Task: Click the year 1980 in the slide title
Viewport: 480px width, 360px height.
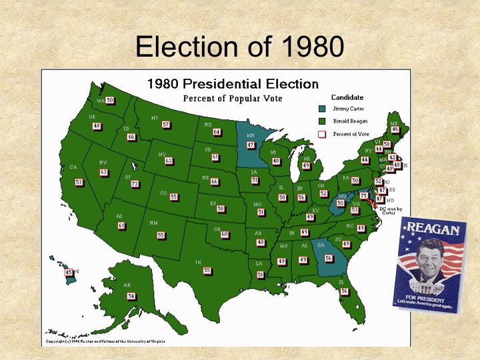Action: tap(313, 47)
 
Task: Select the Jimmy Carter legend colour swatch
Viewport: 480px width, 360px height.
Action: tap(321, 109)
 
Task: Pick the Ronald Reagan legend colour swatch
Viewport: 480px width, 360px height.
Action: tap(321, 121)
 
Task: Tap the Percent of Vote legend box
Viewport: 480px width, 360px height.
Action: tap(321, 134)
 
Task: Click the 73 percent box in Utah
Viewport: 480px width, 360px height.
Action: tap(135, 184)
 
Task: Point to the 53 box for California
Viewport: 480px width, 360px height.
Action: tap(79, 182)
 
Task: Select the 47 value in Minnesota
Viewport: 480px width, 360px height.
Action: tap(251, 145)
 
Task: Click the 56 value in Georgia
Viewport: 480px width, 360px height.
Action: tap(328, 258)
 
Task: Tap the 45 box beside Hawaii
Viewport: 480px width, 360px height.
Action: tap(68, 272)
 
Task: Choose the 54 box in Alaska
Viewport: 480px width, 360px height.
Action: tap(131, 295)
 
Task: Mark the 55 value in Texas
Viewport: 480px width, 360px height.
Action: tap(207, 270)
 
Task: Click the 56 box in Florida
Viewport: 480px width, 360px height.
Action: tap(344, 291)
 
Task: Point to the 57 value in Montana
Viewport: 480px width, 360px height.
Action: tap(166, 125)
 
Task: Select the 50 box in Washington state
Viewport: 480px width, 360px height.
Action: tap(110, 100)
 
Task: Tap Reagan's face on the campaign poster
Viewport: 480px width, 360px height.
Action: tap(429, 260)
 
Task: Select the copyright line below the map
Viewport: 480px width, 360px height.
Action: tap(105, 341)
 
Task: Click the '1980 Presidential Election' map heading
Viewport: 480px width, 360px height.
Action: tap(232, 84)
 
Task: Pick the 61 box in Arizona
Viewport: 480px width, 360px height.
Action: tap(121, 225)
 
